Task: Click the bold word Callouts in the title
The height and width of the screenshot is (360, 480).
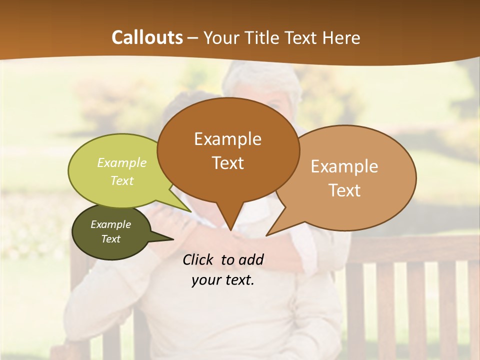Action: click(x=147, y=37)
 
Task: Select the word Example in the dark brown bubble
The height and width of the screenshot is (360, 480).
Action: click(x=227, y=139)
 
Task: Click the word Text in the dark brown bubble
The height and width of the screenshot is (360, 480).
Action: click(x=227, y=163)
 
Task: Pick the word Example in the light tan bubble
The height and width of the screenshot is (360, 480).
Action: click(x=344, y=166)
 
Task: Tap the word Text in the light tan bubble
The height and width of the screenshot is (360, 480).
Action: click(x=344, y=190)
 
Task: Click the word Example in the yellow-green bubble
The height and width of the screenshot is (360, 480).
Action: click(x=122, y=163)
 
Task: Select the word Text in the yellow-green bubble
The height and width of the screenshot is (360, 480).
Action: click(x=122, y=180)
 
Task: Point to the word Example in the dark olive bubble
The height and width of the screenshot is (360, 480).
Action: click(x=110, y=224)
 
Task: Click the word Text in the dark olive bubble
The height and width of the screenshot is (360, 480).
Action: click(x=110, y=239)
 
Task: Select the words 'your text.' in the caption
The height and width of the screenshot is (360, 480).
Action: click(x=223, y=280)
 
